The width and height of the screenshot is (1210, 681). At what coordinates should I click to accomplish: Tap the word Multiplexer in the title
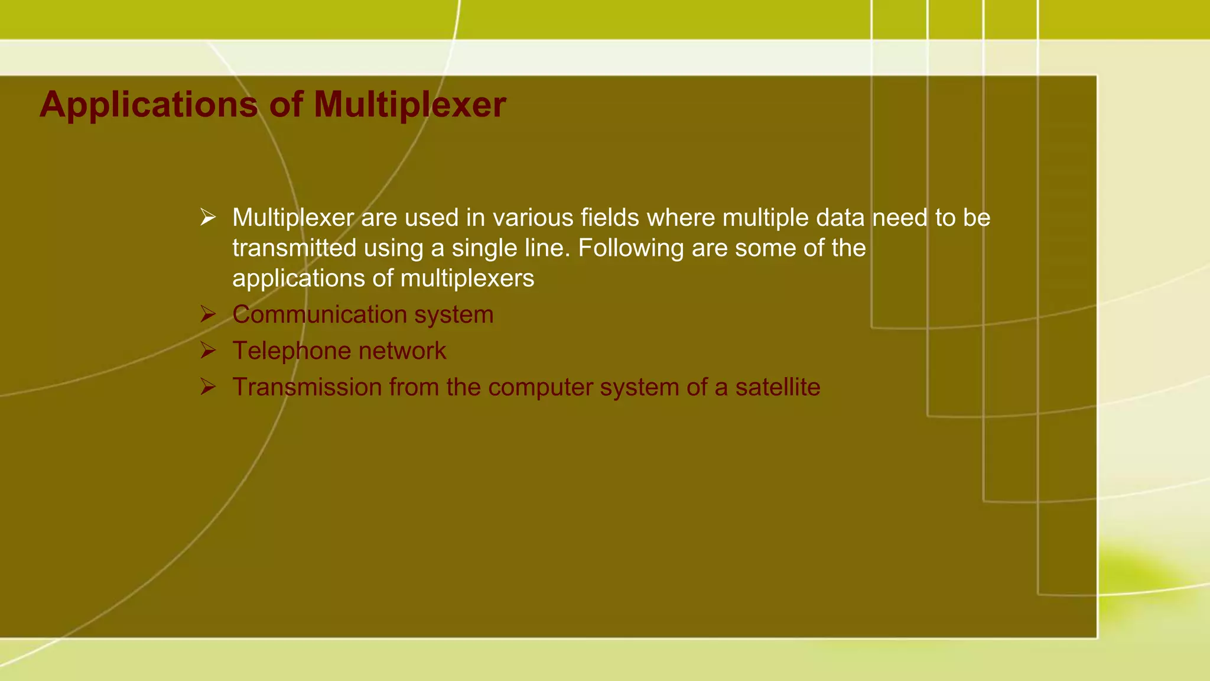pyautogui.click(x=409, y=105)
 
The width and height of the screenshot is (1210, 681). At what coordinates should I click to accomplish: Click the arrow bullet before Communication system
pyautogui.click(x=207, y=314)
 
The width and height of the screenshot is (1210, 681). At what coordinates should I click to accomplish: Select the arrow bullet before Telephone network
pyautogui.click(x=207, y=351)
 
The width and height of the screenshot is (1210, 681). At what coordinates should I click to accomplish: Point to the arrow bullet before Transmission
pyautogui.click(x=207, y=387)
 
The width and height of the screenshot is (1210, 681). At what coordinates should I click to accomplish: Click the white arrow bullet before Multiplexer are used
pyautogui.click(x=207, y=217)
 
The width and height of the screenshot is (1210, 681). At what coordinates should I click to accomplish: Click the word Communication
pyautogui.click(x=319, y=314)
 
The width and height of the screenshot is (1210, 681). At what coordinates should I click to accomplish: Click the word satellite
pyautogui.click(x=778, y=387)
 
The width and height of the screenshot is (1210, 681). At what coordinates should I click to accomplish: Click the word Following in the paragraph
pyautogui.click(x=630, y=248)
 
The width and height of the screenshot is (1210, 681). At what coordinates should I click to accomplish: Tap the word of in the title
pyautogui.click(x=286, y=105)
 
